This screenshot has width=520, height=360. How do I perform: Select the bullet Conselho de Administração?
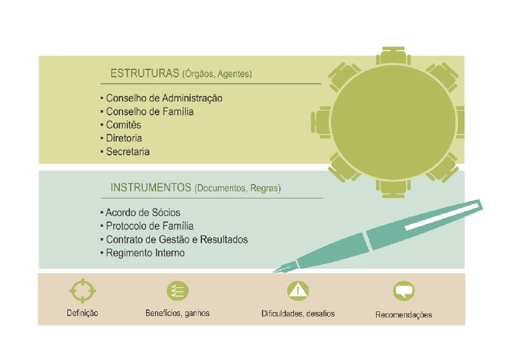tap(164, 99)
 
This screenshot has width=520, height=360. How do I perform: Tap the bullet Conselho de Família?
tap(150, 112)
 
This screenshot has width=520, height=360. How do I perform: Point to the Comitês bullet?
tap(124, 125)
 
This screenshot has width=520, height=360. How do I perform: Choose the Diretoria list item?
tap(124, 139)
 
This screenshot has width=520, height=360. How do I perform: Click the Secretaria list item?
tap(128, 152)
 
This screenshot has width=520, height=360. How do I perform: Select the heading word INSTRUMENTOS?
tap(151, 189)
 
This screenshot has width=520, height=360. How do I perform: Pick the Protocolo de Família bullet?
tap(150, 226)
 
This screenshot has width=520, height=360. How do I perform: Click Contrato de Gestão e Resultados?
tap(177, 239)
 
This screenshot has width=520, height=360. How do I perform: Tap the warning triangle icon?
tap(297, 291)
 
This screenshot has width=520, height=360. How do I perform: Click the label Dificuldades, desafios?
tap(298, 313)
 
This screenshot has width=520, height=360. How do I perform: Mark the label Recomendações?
tap(403, 315)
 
